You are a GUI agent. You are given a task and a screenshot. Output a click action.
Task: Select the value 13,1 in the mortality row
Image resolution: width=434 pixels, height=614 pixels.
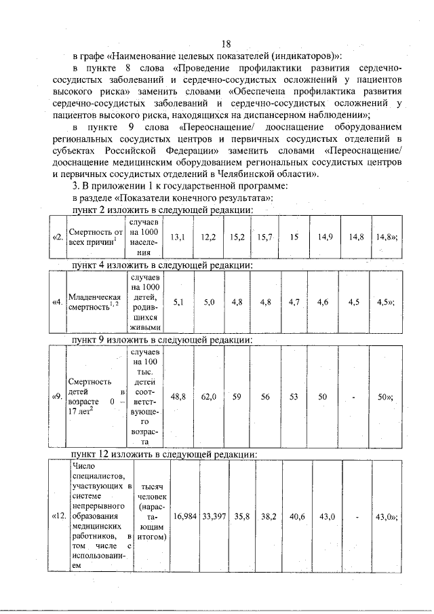coord(178,237)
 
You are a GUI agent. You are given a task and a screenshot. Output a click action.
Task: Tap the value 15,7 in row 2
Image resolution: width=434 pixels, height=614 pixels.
coord(264,237)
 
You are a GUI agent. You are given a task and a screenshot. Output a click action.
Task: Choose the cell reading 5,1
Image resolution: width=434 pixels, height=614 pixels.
coord(178,303)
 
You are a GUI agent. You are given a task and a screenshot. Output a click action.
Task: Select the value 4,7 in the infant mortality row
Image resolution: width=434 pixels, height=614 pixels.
coord(294,303)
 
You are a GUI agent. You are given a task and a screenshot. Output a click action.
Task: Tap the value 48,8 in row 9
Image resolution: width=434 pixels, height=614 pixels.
coord(178,396)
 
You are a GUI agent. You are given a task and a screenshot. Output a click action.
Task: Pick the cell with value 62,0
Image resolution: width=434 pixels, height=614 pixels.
coord(208,396)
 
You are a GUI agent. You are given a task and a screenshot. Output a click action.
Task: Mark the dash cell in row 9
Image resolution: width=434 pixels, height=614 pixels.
coord(355,397)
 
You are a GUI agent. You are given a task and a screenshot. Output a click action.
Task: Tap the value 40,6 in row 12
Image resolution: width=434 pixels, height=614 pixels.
coord(297,516)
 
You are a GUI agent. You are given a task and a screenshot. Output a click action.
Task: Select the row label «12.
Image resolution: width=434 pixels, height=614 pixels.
coord(59,516)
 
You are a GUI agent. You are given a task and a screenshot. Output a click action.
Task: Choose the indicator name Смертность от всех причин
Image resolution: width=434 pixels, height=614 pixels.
coord(95,237)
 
